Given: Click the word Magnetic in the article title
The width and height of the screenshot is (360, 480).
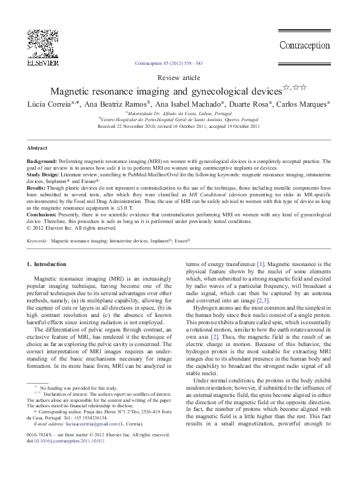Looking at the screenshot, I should click(x=72, y=92).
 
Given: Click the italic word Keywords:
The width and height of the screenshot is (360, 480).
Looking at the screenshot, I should click(x=38, y=241).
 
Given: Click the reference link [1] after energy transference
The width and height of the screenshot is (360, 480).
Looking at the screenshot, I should click(x=261, y=264).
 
